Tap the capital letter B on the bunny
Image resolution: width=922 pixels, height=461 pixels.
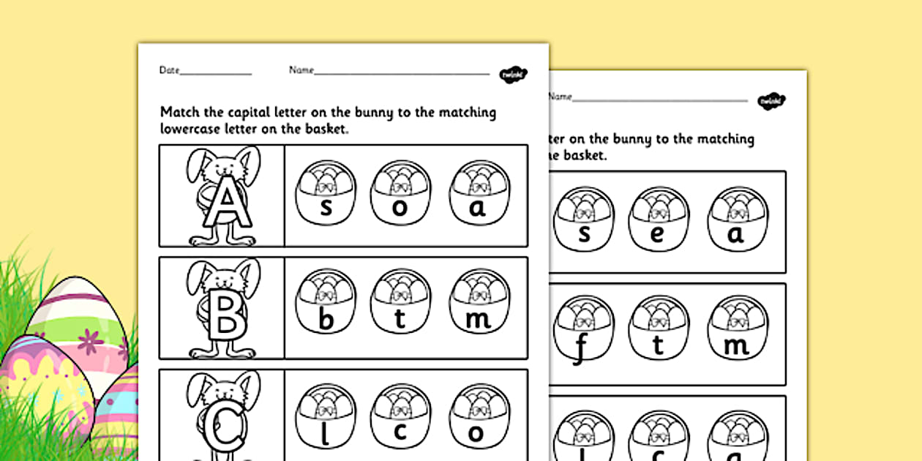(223, 316)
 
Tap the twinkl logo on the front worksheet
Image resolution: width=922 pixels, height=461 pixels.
(513, 73)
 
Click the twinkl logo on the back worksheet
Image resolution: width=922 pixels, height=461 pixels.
(771, 100)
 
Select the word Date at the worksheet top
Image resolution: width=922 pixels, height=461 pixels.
(169, 70)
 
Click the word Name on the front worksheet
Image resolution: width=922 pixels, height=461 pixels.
(301, 70)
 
